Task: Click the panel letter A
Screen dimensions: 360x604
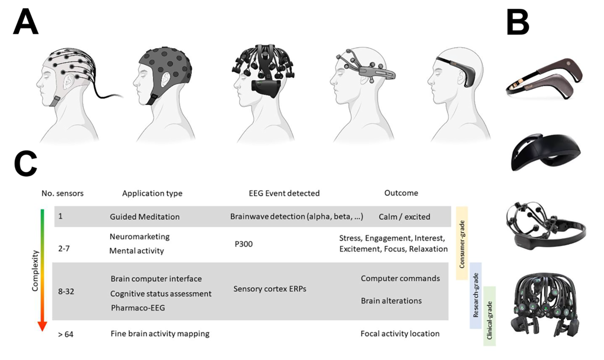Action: [26, 23]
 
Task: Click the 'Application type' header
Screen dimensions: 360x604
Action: [152, 193]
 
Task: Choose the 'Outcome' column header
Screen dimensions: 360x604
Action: [401, 193]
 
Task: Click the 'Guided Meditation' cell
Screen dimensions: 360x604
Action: [144, 217]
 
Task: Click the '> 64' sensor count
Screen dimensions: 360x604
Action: [65, 333]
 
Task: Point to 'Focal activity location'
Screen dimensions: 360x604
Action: [400, 333]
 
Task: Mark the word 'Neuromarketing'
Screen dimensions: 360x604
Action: [139, 236]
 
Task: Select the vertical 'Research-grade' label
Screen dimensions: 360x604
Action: [476, 295]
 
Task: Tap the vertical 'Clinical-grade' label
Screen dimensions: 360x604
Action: [490, 316]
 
